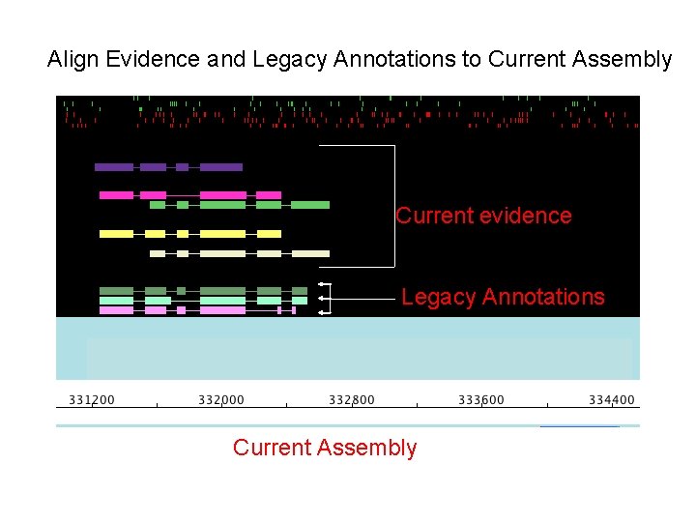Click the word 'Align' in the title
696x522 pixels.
click(73, 60)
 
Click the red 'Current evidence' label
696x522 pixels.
click(483, 216)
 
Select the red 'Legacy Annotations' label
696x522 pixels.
click(503, 297)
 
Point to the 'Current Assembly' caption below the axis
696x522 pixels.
click(325, 448)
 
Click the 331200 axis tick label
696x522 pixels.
click(91, 400)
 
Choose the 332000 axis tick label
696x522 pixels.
click(221, 400)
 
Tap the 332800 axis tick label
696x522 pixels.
click(352, 400)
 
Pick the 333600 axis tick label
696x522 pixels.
click(481, 400)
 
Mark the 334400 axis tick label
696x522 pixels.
click(612, 400)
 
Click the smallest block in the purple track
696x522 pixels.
click(182, 167)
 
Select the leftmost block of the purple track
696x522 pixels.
click(114, 167)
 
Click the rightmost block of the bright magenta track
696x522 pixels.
click(269, 195)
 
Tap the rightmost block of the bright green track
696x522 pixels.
click(310, 205)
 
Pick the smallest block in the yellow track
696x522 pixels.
click(183, 234)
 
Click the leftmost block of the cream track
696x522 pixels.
click(158, 253)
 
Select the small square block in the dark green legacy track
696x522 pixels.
click(181, 291)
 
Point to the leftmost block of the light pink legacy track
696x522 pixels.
click(116, 310)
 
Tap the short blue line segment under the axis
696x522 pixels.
click(579, 425)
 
